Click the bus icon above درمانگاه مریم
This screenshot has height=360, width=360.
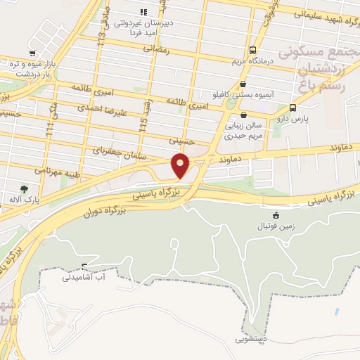coord(252,50)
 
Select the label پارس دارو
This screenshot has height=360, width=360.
coord(292,119)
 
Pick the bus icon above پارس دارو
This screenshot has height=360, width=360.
coord(292,108)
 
